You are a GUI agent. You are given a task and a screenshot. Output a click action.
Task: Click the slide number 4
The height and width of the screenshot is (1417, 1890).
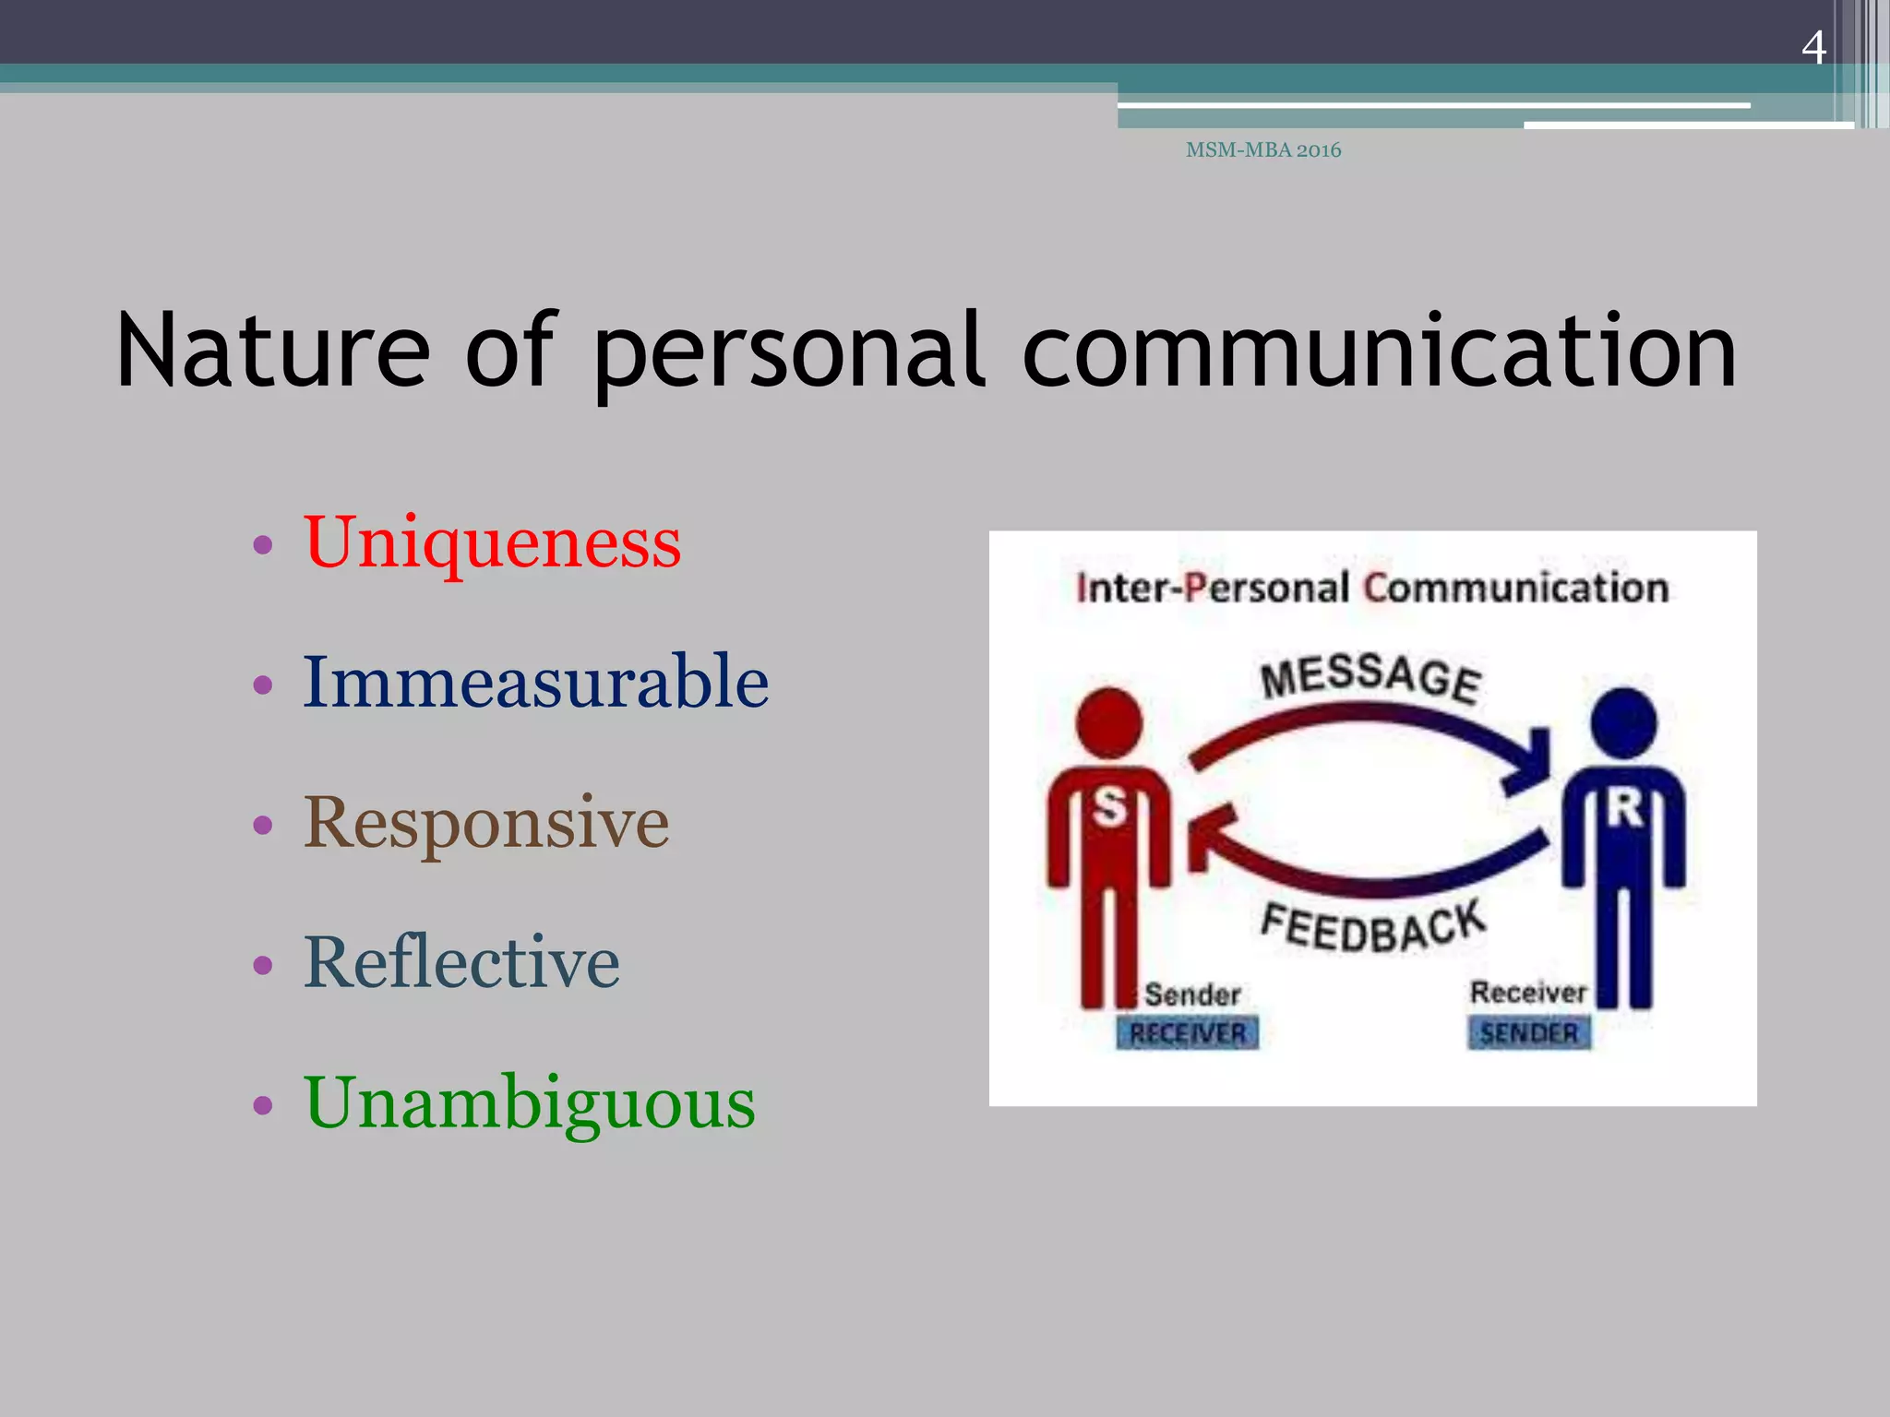pyautogui.click(x=1813, y=47)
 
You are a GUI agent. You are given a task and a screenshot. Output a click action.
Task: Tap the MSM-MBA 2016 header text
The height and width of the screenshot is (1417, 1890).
pyautogui.click(x=1262, y=149)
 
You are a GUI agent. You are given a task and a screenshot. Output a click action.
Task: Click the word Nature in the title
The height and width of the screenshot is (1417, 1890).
pyautogui.click(x=273, y=351)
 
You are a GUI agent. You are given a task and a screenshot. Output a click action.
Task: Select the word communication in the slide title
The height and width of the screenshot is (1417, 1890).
pyautogui.click(x=1379, y=351)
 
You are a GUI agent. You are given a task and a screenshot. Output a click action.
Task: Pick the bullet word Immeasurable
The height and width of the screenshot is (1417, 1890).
pyautogui.click(x=535, y=682)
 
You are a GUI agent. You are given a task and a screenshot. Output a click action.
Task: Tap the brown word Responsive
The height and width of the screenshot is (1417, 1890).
pyautogui.click(x=486, y=823)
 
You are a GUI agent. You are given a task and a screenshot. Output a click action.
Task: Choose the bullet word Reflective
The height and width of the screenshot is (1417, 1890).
pyautogui.click(x=461, y=962)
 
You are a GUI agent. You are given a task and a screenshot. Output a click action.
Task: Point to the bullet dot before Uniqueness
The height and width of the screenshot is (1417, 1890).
pyautogui.click(x=263, y=544)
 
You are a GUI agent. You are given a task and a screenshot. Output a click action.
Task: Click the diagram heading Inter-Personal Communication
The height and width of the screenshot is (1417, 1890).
pyautogui.click(x=1372, y=588)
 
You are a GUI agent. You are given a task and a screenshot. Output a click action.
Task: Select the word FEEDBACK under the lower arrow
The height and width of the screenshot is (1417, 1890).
pyautogui.click(x=1373, y=926)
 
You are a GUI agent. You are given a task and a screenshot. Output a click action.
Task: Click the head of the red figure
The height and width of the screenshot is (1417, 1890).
pyautogui.click(x=1109, y=722)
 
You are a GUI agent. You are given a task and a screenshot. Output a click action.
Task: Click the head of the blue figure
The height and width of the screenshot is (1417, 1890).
pyautogui.click(x=1624, y=722)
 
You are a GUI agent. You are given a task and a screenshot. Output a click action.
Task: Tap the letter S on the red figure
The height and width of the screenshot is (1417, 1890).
pyautogui.click(x=1110, y=807)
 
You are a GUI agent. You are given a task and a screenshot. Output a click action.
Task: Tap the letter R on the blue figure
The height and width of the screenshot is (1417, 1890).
pyautogui.click(x=1625, y=807)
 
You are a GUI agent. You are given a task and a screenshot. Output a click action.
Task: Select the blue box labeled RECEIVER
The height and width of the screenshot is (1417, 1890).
pyautogui.click(x=1188, y=1033)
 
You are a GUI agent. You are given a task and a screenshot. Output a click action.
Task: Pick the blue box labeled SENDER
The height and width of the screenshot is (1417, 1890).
pyautogui.click(x=1529, y=1032)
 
